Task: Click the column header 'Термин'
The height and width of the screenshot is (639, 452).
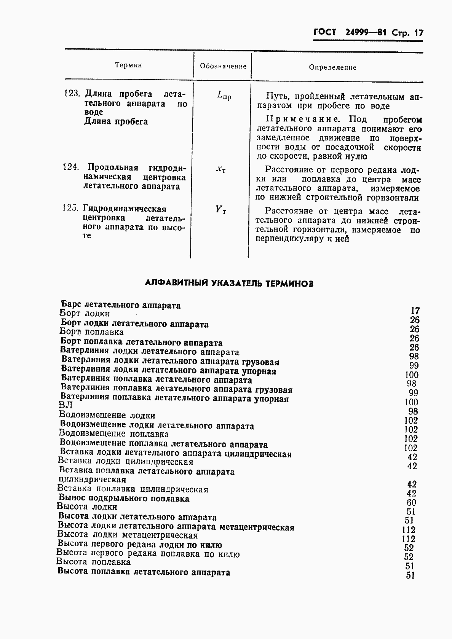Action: pyautogui.click(x=128, y=65)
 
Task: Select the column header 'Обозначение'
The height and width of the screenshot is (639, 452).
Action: pyautogui.click(x=223, y=66)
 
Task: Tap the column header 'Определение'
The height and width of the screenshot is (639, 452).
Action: pyautogui.click(x=332, y=67)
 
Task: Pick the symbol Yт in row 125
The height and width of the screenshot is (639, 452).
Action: pyautogui.click(x=220, y=210)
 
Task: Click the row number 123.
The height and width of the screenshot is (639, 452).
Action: pyautogui.click(x=72, y=94)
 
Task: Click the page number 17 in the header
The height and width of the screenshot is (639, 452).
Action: pyautogui.click(x=419, y=33)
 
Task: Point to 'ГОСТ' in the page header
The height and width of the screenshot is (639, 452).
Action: pyautogui.click(x=325, y=32)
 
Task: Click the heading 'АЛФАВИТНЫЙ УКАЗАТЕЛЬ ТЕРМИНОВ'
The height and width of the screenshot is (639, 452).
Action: pyautogui.click(x=229, y=283)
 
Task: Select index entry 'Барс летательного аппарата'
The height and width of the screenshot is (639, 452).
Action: pyautogui.click(x=121, y=305)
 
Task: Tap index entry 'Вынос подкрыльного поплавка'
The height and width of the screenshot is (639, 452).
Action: pyautogui.click(x=124, y=499)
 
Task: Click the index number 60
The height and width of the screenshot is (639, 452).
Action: pyautogui.click(x=411, y=503)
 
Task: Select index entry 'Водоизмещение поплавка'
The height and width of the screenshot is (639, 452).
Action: pyautogui.click(x=114, y=434)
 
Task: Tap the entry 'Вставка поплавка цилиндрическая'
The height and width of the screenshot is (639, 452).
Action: pyautogui.click(x=133, y=489)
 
